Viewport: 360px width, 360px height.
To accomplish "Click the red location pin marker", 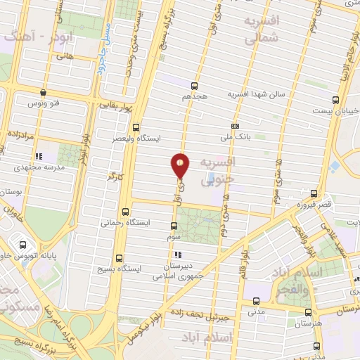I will [181, 165].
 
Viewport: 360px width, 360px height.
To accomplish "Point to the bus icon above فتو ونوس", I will [44, 92].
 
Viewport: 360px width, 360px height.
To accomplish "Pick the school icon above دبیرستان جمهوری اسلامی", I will [178, 255].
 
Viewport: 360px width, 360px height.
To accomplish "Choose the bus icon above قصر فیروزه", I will [314, 193].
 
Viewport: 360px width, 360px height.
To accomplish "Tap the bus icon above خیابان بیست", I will [336, 100].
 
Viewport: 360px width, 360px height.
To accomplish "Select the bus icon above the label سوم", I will [174, 226].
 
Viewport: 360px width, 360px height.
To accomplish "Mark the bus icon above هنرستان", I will [308, 311].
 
